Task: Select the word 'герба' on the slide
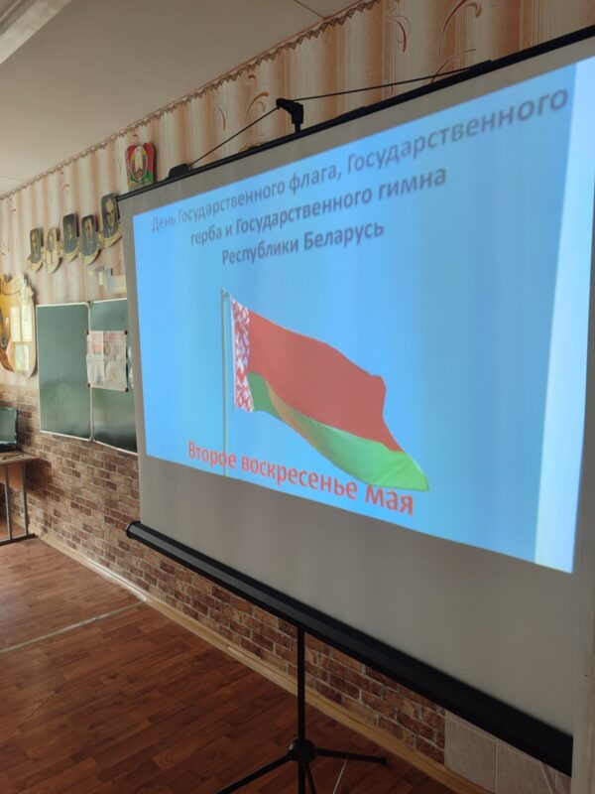(x=205, y=234)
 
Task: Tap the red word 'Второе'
(x=211, y=457)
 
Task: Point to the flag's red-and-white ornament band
(x=241, y=354)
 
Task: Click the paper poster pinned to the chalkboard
(x=107, y=359)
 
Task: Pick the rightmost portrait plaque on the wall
(x=110, y=219)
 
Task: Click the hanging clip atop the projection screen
(x=291, y=112)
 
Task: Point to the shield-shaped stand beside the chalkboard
(x=17, y=325)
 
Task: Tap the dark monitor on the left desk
(x=8, y=429)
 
